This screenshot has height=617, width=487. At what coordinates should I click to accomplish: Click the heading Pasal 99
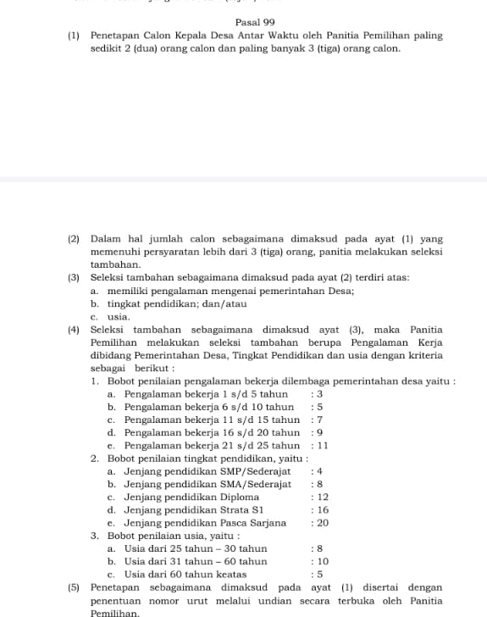[x=256, y=22]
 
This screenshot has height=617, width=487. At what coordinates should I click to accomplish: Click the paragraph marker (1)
[x=74, y=36]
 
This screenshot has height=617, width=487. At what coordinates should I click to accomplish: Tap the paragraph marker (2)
[x=74, y=240]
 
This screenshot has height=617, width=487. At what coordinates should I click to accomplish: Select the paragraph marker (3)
[x=74, y=278]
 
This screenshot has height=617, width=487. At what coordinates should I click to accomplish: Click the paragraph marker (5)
[x=74, y=587]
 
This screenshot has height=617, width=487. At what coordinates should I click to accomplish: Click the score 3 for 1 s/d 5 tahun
[x=320, y=394]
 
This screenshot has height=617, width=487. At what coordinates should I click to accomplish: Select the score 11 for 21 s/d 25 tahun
[x=322, y=446]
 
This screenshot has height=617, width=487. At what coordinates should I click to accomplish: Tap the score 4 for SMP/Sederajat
[x=320, y=471]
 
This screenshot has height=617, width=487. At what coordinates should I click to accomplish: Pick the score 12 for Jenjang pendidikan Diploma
[x=322, y=497]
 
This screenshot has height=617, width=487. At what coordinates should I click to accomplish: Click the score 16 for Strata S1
[x=322, y=510]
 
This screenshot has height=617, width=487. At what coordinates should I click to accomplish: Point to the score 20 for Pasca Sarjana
[x=322, y=523]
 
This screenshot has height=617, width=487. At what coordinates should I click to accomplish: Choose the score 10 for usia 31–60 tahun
[x=322, y=562]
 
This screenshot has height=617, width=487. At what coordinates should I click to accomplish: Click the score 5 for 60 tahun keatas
[x=320, y=575]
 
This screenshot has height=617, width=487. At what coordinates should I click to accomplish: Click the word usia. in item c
[x=119, y=316]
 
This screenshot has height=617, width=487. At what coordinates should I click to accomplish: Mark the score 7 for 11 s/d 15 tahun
[x=320, y=420]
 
